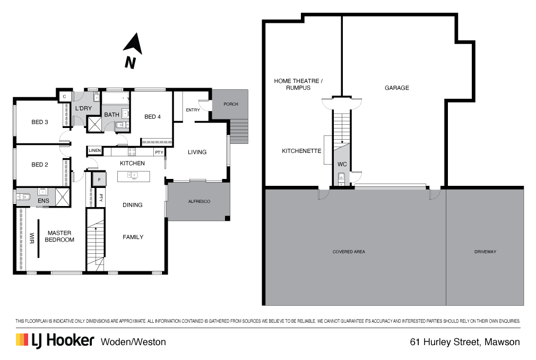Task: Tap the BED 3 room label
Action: point(40,122)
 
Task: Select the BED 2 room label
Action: point(40,165)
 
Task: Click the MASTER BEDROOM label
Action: point(59,236)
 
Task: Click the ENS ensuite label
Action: point(44,201)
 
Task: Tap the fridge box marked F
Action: point(99,179)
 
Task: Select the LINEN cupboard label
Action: point(95,151)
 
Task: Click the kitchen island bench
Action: point(133,176)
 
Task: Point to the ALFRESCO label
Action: point(199,202)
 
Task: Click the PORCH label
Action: point(230,104)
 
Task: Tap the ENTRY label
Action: point(193,110)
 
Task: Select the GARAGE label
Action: point(397,88)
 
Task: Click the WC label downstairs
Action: point(342,165)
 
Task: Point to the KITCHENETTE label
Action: point(301,151)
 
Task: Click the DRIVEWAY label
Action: point(485,252)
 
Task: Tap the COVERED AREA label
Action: point(349,252)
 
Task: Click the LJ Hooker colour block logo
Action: point(22,340)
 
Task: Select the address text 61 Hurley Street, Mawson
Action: point(465,342)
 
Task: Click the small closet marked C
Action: point(64,96)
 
